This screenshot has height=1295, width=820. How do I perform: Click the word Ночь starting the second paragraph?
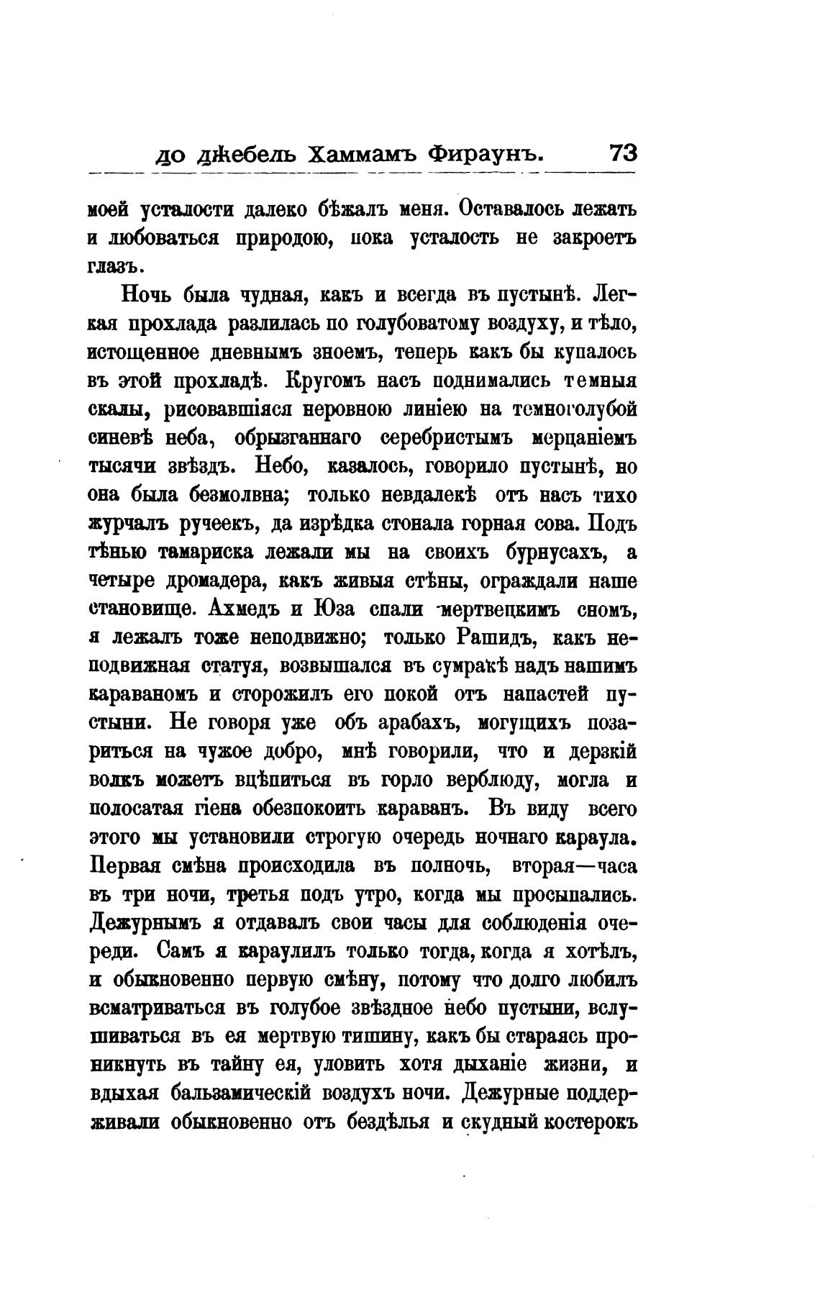click(147, 295)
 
